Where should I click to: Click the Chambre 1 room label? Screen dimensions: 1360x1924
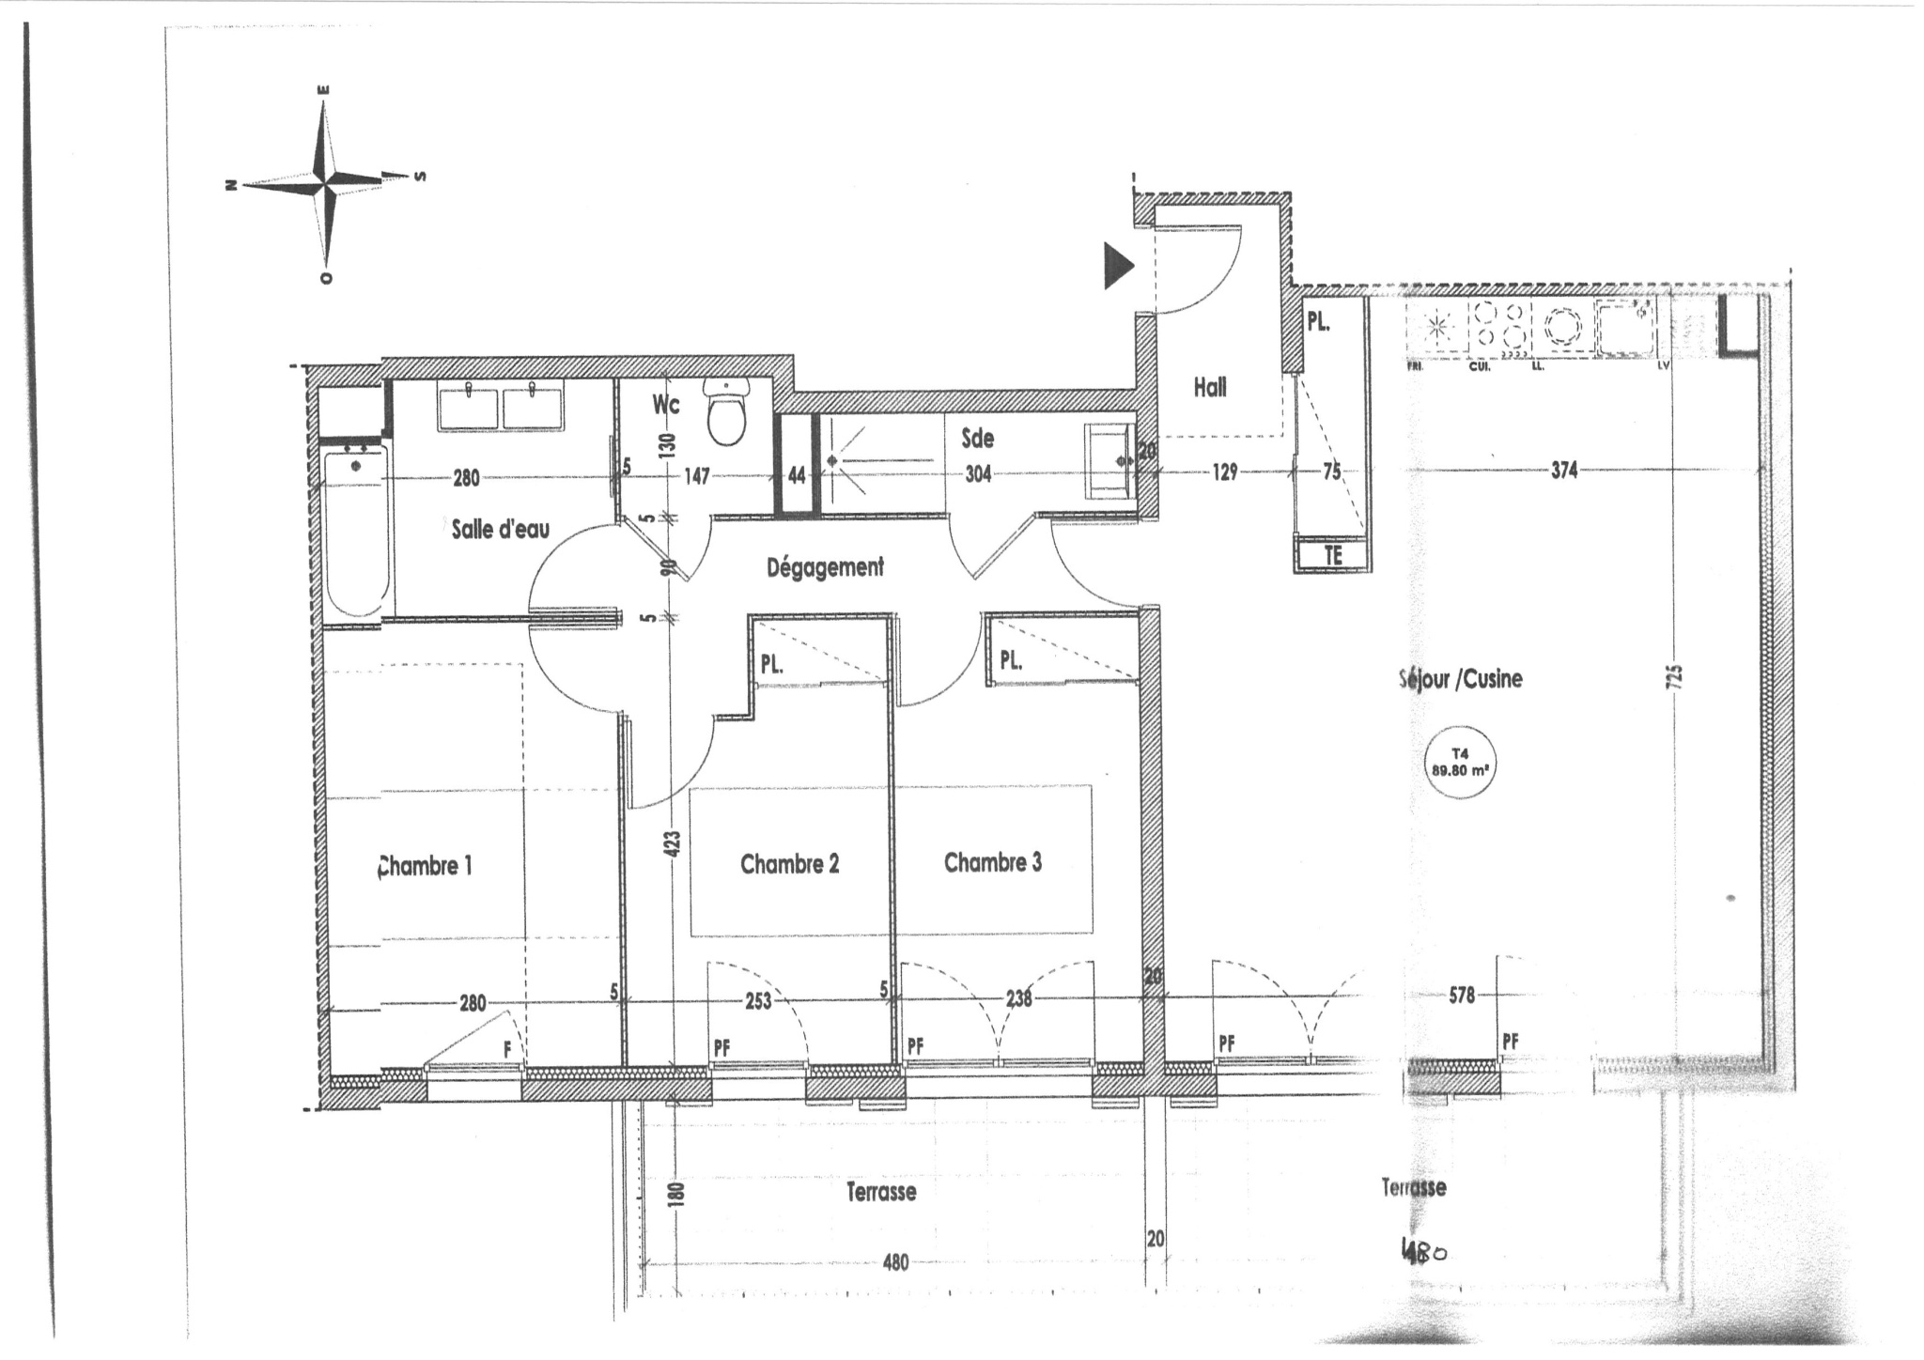[424, 866]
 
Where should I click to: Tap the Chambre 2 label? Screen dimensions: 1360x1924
[789, 864]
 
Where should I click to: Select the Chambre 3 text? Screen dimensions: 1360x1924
[993, 862]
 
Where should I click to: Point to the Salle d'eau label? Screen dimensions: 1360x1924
[500, 529]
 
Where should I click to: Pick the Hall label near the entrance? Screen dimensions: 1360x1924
[1210, 387]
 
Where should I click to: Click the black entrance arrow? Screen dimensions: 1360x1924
[1118, 266]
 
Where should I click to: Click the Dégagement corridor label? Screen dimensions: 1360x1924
[825, 567]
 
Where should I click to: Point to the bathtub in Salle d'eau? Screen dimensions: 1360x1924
[357, 531]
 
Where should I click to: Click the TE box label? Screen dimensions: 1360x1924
[1333, 555]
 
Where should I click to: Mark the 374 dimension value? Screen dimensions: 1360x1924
[1564, 471]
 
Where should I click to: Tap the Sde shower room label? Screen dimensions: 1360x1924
[977, 439]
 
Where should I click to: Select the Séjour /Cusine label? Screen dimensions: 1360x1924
[1460, 679]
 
